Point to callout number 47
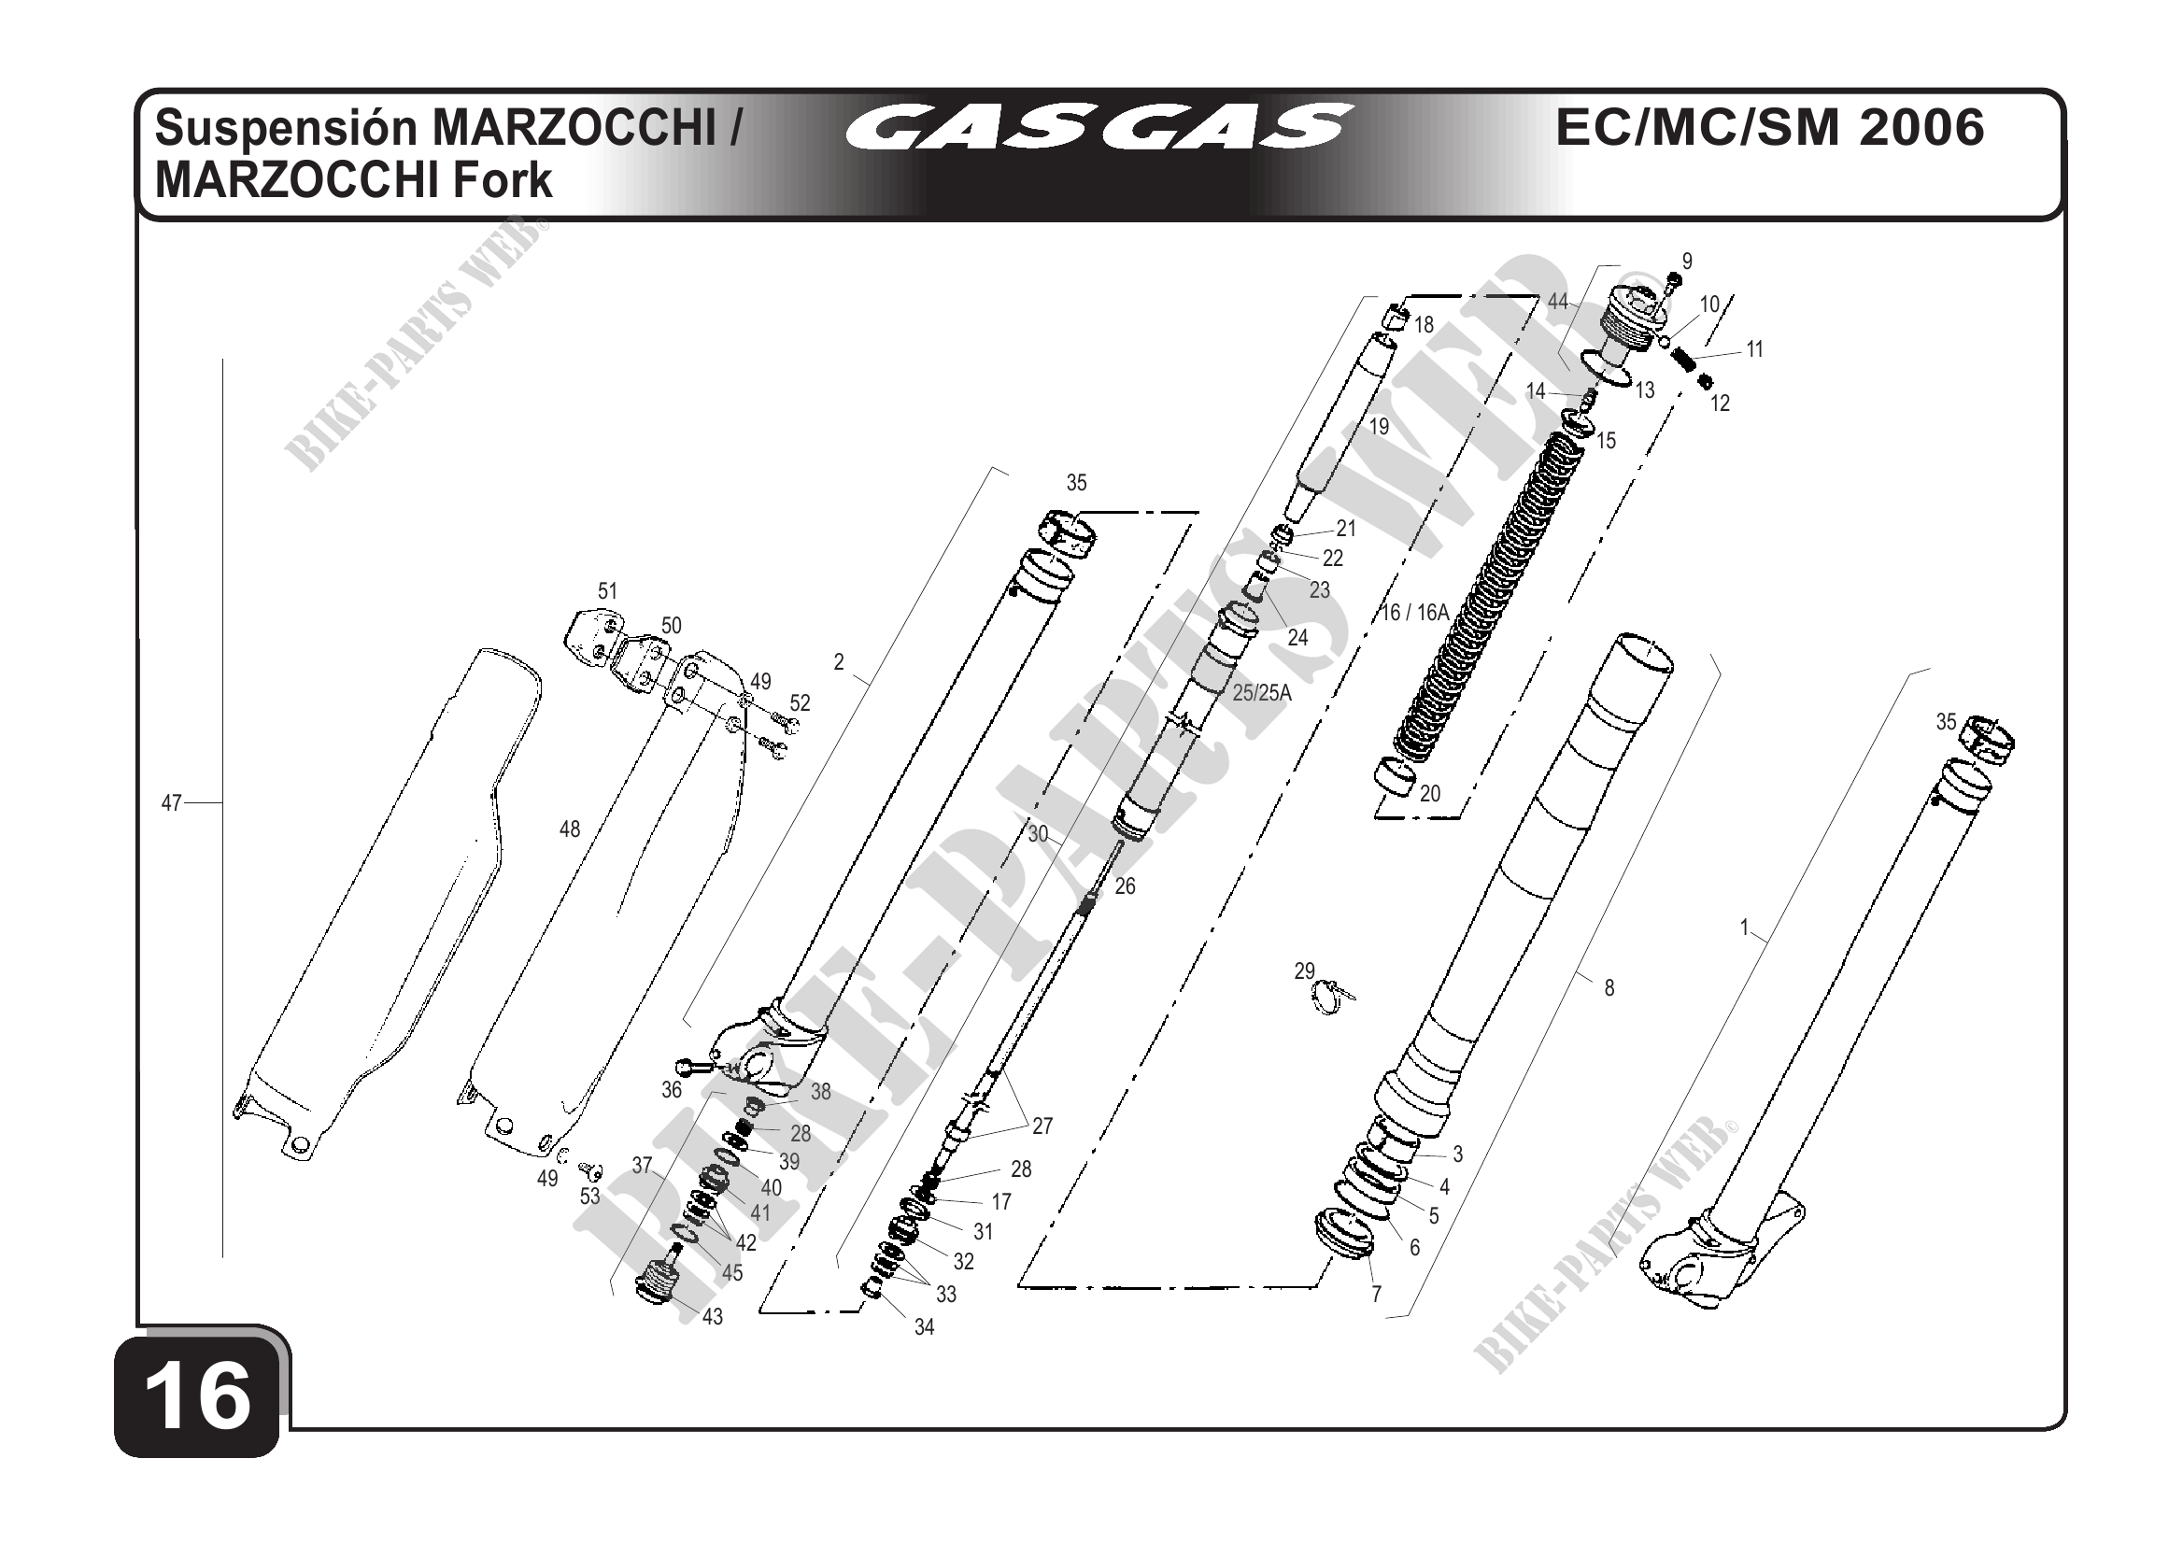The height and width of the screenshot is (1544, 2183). pos(171,803)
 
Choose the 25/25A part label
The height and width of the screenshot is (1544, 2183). pos(1262,693)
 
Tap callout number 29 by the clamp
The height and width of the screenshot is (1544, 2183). pos(1303,970)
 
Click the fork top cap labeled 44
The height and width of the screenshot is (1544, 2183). pos(1635,323)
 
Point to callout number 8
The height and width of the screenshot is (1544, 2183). pos(1609,988)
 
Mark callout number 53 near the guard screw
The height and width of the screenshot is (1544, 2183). pos(589,1196)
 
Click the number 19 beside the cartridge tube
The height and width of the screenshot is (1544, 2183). pos(1379,427)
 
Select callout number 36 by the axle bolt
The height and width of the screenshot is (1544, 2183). pos(672,1090)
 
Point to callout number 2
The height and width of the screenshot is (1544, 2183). pos(839,661)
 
